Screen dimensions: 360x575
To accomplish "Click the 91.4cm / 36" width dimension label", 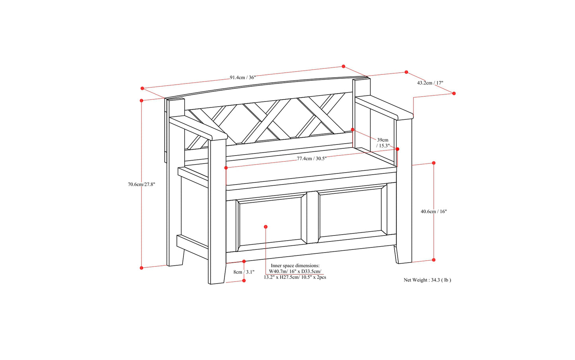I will coord(242,78).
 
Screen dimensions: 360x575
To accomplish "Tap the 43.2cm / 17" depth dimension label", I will coord(430,83).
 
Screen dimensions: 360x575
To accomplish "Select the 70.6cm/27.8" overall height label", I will coord(141,184).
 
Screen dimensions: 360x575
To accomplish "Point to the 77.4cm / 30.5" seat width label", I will coord(312,158).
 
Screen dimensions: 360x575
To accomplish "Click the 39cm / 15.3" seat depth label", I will coord(383,143).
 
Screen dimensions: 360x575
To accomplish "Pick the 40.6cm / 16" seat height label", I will coord(434,212).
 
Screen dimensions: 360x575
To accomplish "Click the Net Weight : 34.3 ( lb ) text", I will coord(427,280).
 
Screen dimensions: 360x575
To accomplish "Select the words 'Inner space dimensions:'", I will coord(295,266).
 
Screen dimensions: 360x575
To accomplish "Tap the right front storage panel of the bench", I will coord(350,215).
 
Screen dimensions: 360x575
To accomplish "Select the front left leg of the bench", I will coord(217,215).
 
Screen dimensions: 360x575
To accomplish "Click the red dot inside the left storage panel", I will coord(266,227).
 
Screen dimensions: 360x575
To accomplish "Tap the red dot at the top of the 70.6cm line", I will coord(142,101).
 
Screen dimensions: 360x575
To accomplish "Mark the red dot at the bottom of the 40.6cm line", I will coord(434,260).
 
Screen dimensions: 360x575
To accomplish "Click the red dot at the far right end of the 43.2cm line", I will coord(454,93).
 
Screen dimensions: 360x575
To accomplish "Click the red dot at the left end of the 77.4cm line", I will coord(226,168).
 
